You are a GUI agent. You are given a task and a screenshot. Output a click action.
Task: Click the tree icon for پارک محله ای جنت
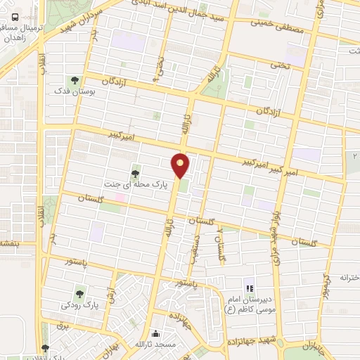click(135, 172)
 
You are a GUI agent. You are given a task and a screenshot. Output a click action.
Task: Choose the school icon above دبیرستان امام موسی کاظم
click(247, 288)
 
